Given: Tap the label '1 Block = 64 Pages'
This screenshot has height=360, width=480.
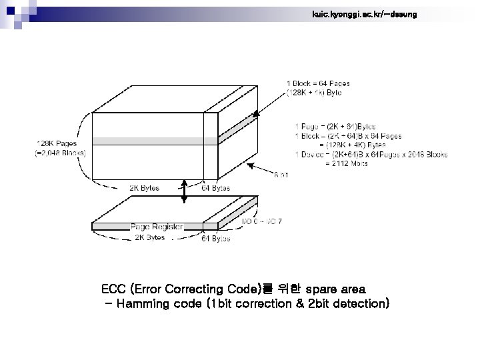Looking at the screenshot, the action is click(318, 83).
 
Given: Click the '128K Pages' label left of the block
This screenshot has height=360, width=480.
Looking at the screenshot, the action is click(56, 142).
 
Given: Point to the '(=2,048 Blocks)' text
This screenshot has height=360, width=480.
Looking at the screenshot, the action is click(59, 153).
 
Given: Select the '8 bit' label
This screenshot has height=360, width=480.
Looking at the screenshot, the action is click(281, 175).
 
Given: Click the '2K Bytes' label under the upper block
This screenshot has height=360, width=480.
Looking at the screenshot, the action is click(144, 188).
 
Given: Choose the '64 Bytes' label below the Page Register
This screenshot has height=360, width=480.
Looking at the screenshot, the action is click(216, 238).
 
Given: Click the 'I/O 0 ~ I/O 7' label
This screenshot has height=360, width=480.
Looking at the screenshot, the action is click(261, 221).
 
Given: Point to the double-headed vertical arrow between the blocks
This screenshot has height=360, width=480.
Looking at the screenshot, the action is click(185, 194).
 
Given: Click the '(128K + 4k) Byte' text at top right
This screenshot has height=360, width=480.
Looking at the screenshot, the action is click(313, 93).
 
